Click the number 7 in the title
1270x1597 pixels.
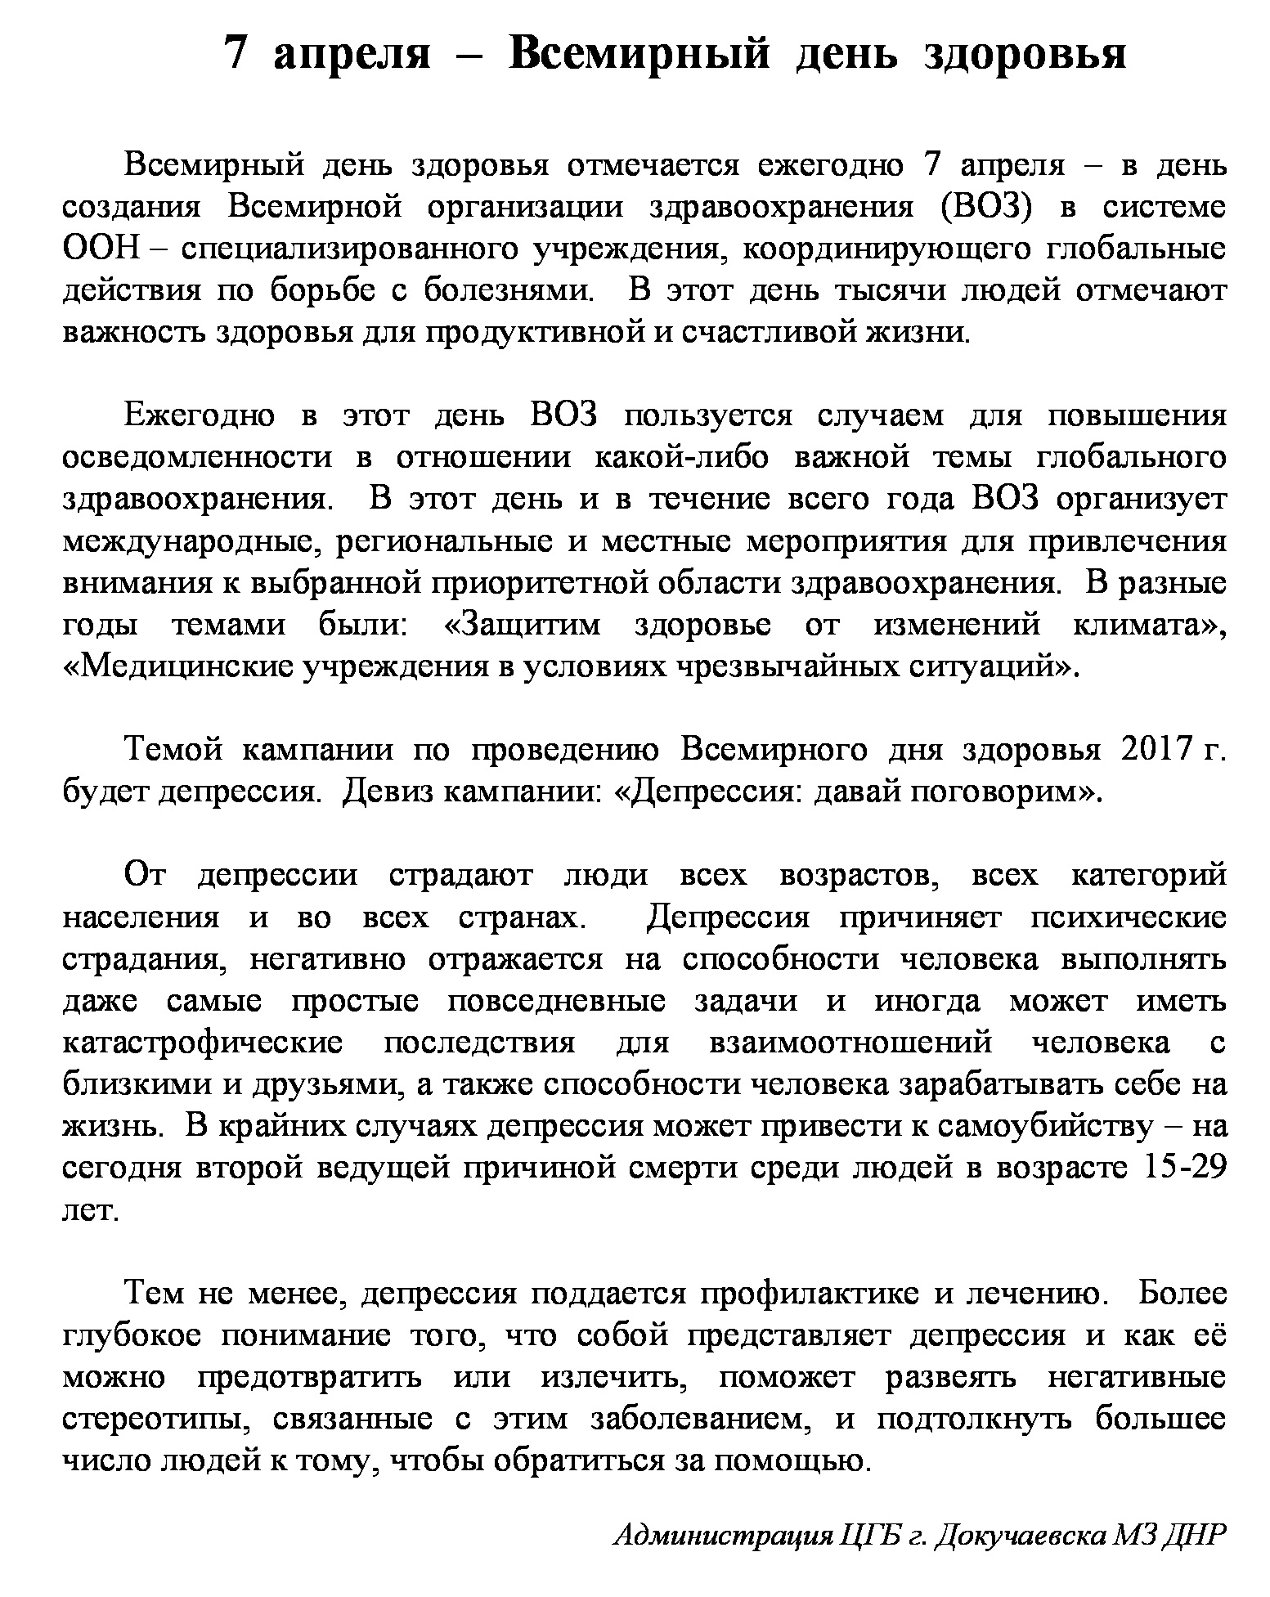pyautogui.click(x=236, y=55)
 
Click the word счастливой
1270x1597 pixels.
pyautogui.click(x=774, y=333)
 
